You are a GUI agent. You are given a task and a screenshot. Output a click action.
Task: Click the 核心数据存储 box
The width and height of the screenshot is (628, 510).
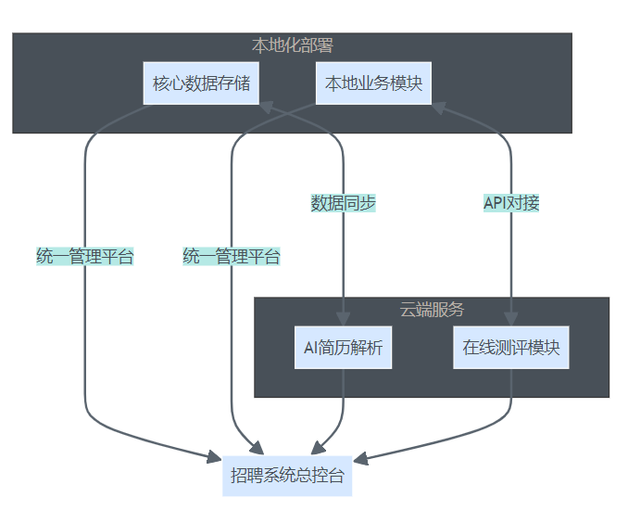click(201, 83)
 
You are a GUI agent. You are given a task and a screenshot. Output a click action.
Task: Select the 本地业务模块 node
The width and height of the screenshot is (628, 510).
click(373, 83)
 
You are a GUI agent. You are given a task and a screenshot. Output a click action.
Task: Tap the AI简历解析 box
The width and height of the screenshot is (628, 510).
click(343, 348)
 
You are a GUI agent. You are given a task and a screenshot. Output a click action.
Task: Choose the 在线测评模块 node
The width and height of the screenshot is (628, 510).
click(510, 348)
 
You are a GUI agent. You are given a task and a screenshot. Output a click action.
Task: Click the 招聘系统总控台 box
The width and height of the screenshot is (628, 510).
click(287, 477)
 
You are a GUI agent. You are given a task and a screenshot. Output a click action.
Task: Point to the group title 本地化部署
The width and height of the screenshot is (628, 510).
click(292, 45)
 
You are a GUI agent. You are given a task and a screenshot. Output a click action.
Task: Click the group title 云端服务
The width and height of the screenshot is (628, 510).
click(432, 309)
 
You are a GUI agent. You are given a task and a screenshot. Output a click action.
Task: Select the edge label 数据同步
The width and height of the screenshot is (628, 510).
click(343, 203)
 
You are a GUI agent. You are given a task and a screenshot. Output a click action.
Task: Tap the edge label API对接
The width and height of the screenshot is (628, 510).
click(511, 203)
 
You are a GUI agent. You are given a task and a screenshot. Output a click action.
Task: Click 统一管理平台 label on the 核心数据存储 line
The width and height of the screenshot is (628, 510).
click(85, 257)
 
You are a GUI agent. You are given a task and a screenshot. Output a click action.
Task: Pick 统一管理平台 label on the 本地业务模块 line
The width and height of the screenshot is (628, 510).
click(232, 257)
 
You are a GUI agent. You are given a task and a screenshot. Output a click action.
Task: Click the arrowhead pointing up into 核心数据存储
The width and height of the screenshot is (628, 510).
click(263, 107)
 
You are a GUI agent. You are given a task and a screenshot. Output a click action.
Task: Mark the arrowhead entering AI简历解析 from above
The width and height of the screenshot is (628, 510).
click(344, 318)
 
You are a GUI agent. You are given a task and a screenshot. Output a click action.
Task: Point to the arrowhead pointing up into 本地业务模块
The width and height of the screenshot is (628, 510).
click(436, 107)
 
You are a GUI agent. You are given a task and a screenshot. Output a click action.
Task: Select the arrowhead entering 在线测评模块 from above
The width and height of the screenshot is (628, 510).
click(510, 318)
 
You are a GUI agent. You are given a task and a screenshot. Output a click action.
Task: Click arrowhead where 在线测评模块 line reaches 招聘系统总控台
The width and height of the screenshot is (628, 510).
click(360, 458)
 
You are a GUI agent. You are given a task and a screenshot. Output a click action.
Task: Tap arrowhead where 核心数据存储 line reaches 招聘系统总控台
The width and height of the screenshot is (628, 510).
click(214, 455)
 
